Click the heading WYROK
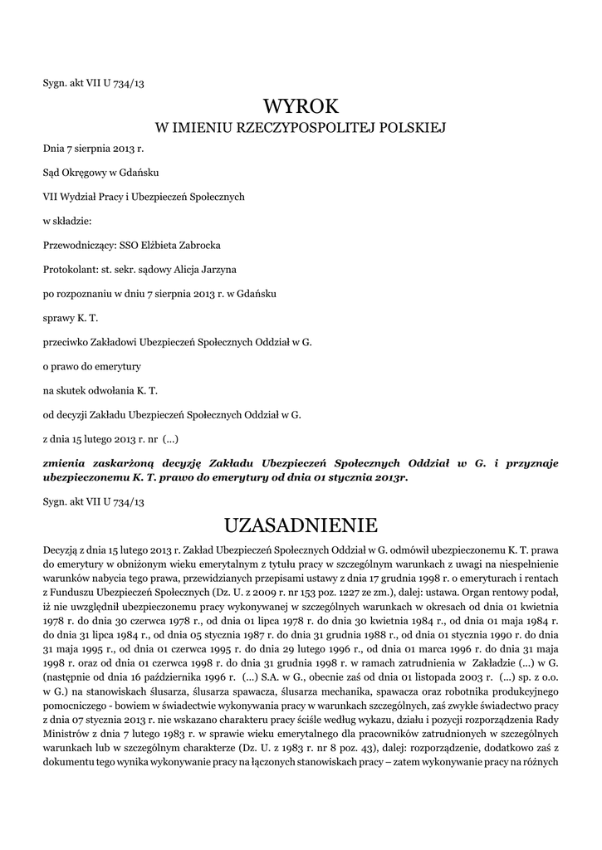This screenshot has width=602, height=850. (x=301, y=106)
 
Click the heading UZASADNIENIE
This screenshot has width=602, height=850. (x=301, y=525)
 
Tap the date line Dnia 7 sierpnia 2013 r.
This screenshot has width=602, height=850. (x=93, y=149)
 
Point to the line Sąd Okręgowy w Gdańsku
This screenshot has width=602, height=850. (x=100, y=173)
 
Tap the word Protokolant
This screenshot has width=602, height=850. (x=71, y=269)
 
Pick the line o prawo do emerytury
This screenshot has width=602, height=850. (x=91, y=365)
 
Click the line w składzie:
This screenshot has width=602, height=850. (x=67, y=221)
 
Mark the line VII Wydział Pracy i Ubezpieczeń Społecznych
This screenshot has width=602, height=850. (x=144, y=197)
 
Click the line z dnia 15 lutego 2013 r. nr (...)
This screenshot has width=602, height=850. (x=110, y=437)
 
